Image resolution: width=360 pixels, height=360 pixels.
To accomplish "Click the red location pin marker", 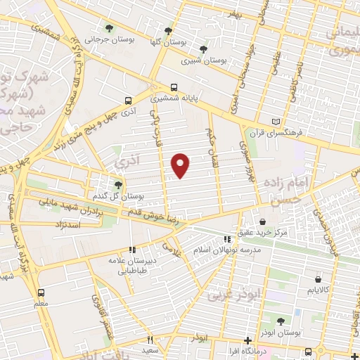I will click(181, 165).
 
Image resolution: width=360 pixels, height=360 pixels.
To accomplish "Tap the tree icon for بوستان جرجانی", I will click(109, 29).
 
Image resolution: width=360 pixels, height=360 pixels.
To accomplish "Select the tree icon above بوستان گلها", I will click(167, 31).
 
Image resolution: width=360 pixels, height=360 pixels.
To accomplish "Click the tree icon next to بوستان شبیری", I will click(203, 49).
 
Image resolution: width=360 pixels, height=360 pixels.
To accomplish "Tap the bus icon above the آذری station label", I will click(127, 101).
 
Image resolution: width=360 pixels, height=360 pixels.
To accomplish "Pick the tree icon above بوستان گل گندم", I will click(118, 184).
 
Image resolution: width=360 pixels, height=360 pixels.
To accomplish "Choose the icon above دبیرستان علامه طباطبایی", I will click(131, 249).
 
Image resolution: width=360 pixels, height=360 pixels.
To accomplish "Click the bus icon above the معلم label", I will click(41, 292).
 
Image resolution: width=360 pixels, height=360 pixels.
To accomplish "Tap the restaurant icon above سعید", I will click(150, 340).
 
